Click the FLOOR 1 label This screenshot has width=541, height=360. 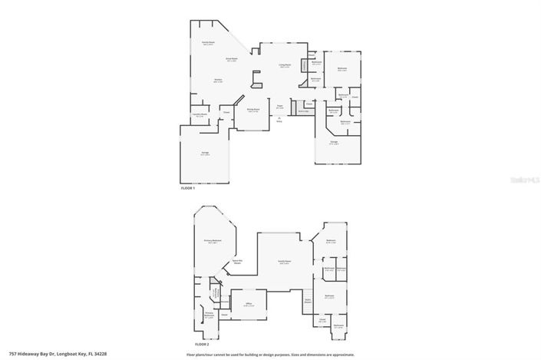pos(187,188)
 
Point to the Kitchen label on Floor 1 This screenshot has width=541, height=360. pos(217,81)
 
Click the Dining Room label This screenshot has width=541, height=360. pos(252,110)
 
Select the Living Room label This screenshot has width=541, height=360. pos(284,66)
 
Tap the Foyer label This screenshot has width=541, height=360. pos(280,107)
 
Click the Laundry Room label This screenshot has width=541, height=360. pos(200,116)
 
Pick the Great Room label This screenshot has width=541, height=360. pos(231,59)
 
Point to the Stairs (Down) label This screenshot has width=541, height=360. pos(308,301)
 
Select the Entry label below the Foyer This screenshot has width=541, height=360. pos(279,121)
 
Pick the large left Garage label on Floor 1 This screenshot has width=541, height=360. pos(205,154)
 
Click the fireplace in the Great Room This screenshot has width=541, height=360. pos(256,77)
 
